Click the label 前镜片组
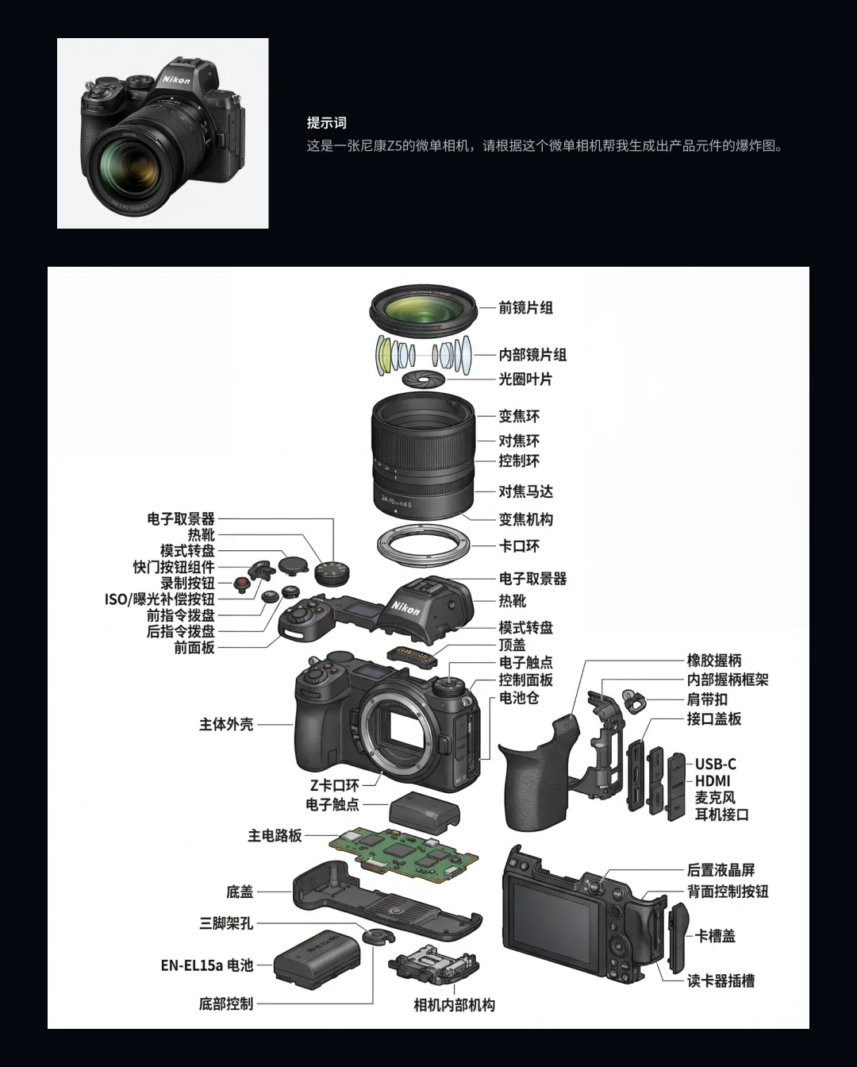(x=525, y=307)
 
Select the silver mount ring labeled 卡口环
(x=423, y=546)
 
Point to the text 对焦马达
(x=525, y=491)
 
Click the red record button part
(x=241, y=584)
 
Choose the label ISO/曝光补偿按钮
(x=159, y=599)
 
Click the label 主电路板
(x=275, y=835)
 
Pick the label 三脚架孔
(x=226, y=923)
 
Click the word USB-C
(x=715, y=764)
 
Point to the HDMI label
(x=712, y=780)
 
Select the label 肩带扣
(x=707, y=699)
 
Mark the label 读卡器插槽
(x=721, y=981)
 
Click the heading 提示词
(x=326, y=123)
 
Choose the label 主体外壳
(x=226, y=724)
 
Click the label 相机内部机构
(x=454, y=1005)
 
